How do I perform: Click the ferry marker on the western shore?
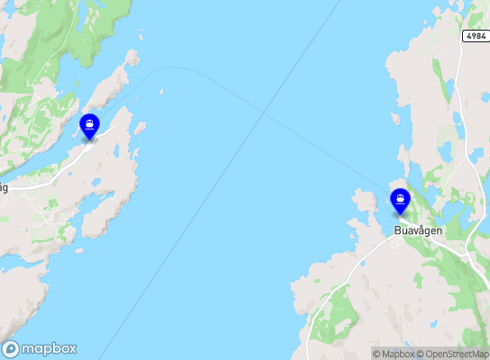click(89, 125)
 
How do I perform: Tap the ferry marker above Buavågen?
click(400, 200)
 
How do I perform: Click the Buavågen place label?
click(419, 230)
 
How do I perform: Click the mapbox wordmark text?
click(50, 348)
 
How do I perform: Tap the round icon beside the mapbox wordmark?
click(11, 348)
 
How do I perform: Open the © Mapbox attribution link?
click(394, 354)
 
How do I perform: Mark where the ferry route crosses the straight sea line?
click(264, 112)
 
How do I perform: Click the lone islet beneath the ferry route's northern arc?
click(161, 91)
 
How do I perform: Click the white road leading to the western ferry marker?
click(63, 166)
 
